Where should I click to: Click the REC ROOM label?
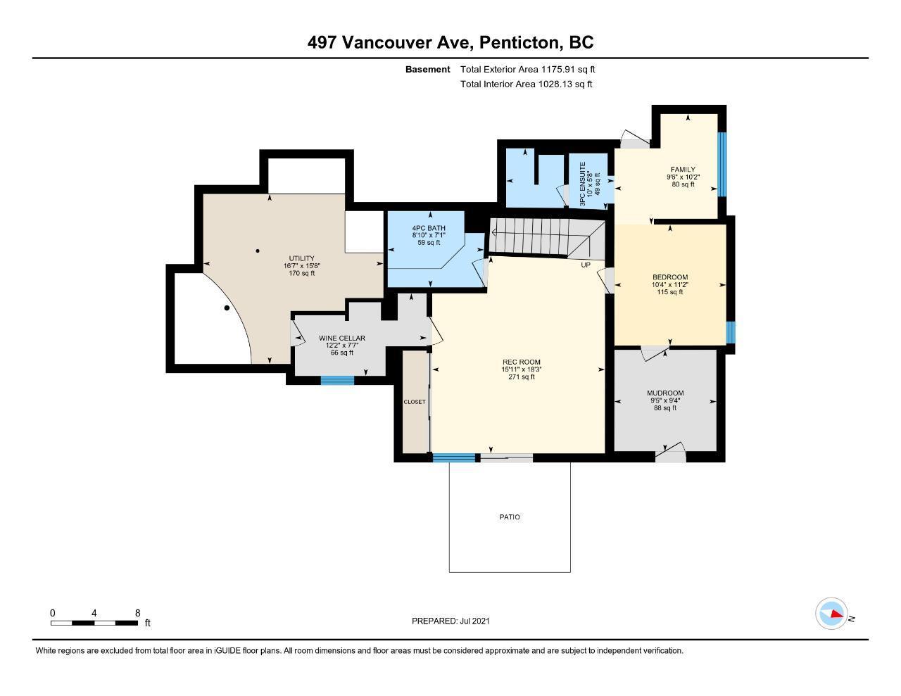(x=521, y=362)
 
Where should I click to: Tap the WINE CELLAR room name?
(x=342, y=338)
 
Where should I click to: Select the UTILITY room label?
(x=301, y=258)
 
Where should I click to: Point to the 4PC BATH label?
(x=429, y=228)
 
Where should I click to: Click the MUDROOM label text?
(x=665, y=393)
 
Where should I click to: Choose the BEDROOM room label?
(x=670, y=277)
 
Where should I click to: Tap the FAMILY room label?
(x=683, y=170)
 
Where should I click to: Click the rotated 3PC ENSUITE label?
(x=582, y=184)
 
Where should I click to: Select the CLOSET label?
(x=415, y=402)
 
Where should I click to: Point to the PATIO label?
(x=510, y=517)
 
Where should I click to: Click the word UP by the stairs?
(x=586, y=265)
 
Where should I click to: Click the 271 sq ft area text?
(x=521, y=377)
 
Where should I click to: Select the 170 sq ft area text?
(x=301, y=273)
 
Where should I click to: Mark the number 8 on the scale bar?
(x=138, y=613)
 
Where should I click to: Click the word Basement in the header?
(x=427, y=70)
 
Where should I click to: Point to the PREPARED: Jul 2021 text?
(x=450, y=621)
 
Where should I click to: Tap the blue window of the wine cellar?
(x=337, y=380)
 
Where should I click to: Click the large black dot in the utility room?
(x=227, y=308)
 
